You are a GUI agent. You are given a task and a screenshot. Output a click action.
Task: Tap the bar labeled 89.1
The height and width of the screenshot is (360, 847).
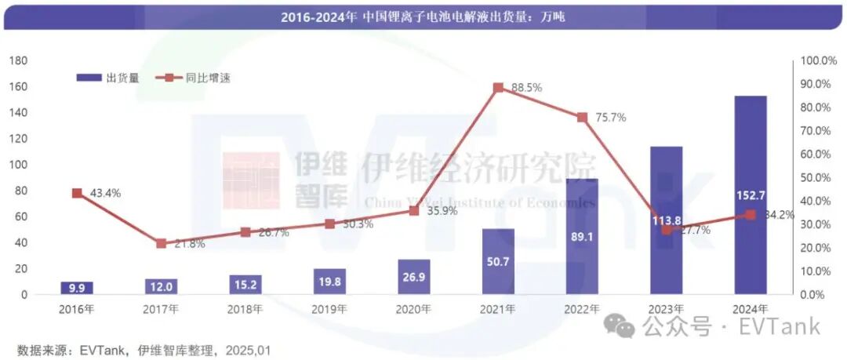tap(582, 236)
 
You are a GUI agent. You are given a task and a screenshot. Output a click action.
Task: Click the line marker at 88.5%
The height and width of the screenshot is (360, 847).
tap(498, 88)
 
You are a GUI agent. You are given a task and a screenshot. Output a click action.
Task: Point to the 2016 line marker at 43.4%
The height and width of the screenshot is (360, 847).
tap(77, 193)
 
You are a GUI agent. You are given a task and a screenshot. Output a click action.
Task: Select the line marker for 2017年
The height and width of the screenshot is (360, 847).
tap(161, 243)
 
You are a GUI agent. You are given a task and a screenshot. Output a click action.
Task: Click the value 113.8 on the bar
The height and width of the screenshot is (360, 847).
tap(666, 220)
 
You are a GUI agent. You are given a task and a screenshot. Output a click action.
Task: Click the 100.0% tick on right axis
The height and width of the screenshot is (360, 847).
tap(820, 60)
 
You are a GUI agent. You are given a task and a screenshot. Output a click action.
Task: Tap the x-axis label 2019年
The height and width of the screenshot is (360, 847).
tap(329, 309)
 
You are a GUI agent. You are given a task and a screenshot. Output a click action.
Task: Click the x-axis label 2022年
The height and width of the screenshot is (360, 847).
tap(581, 309)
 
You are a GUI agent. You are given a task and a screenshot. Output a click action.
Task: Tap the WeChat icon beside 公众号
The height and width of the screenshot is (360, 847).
tap(625, 325)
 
